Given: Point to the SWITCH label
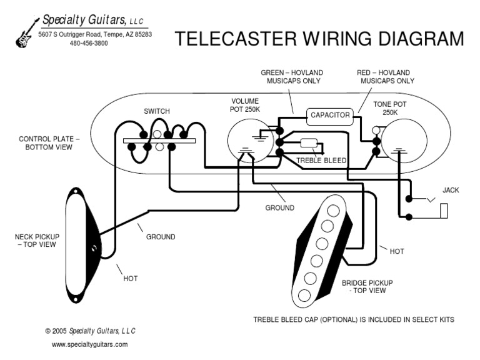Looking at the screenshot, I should click(156, 111).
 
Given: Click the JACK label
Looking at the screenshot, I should click(450, 189).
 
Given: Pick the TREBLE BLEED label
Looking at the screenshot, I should click(321, 161).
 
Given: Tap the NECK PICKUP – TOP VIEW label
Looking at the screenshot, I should click(37, 240).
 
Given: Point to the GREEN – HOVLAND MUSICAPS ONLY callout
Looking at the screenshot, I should click(291, 77).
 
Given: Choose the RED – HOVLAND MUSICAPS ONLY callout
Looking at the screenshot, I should click(385, 77).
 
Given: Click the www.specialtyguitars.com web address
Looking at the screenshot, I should click(89, 344).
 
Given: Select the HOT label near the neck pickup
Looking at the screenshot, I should click(130, 278).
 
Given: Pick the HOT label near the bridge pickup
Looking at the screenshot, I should click(396, 251).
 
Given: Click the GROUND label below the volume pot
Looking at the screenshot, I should click(279, 207).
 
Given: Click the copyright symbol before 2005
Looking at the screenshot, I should click(48, 331).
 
